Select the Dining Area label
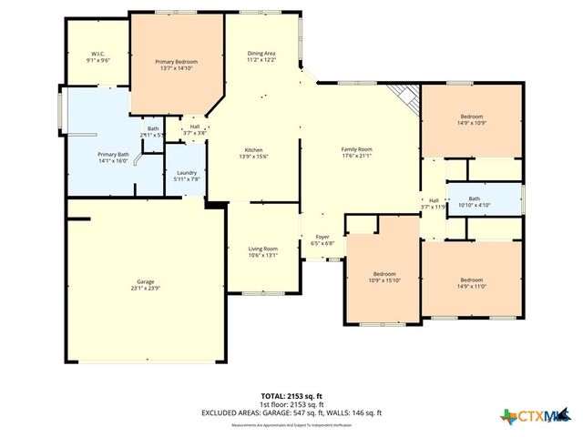[261, 55]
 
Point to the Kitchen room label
[254, 150]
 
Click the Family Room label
[357, 150]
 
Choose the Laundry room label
[187, 172]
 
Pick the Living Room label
[263, 249]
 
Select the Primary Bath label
[114, 155]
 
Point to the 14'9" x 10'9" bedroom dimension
[471, 123]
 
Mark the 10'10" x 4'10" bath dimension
[474, 205]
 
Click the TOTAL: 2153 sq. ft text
[291, 397]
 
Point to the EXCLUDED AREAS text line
[291, 412]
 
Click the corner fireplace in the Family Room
[403, 92]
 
